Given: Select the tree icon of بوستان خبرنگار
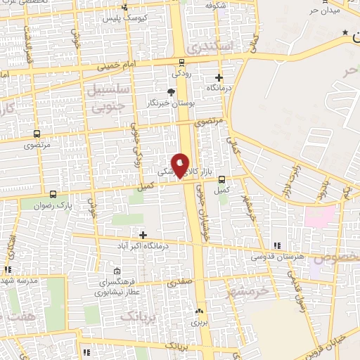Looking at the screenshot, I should click(x=171, y=91).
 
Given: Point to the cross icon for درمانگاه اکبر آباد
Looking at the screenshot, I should click(x=143, y=235).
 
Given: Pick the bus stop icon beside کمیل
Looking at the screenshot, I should click(x=222, y=179).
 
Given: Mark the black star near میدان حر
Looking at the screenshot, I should click(x=345, y=32).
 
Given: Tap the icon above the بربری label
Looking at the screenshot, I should click(x=200, y=311).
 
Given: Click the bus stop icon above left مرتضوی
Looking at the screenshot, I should click(x=36, y=134).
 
